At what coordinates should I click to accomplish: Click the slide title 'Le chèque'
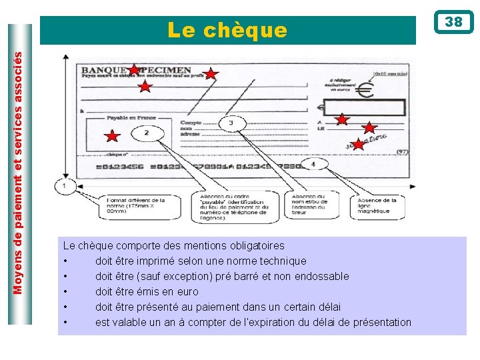pyautogui.click(x=227, y=31)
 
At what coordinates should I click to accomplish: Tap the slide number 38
pyautogui.click(x=453, y=22)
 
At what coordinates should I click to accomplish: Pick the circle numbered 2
pyautogui.click(x=146, y=133)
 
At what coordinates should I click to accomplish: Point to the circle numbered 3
pyautogui.click(x=231, y=123)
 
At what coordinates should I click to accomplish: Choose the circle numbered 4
pyautogui.click(x=313, y=163)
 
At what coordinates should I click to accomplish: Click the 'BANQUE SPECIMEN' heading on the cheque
pyautogui.click(x=136, y=70)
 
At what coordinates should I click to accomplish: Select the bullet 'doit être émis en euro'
pyautogui.click(x=147, y=291)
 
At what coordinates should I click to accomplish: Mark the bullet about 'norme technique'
pyautogui.click(x=201, y=261)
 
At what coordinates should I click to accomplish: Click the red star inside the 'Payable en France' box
pyautogui.click(x=113, y=137)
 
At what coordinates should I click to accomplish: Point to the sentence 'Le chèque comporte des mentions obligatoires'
pyautogui.click(x=173, y=245)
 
